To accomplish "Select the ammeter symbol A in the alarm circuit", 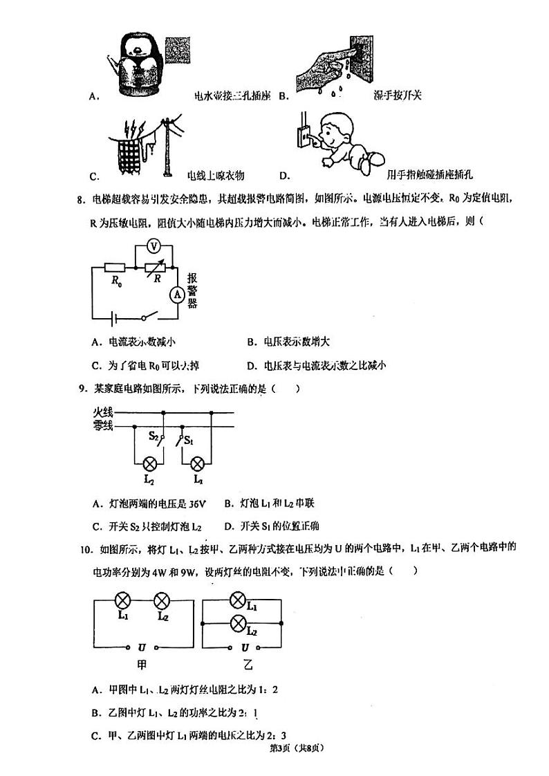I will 176,294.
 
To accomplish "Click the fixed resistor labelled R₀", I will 113,267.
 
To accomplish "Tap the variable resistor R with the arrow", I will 157,267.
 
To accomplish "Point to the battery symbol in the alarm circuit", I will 115,318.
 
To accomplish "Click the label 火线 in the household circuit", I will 103,413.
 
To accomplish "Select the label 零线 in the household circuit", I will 103,426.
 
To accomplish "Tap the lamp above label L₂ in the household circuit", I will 148,463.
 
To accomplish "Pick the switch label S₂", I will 154,437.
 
